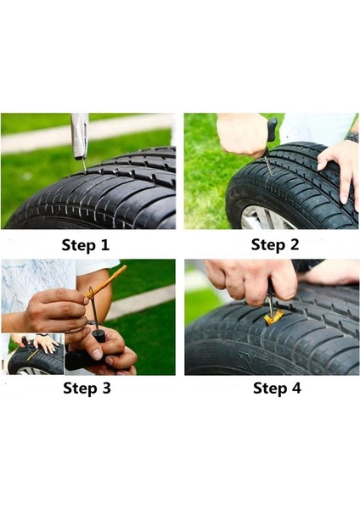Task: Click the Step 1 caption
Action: (86, 245)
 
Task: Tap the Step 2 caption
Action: (275, 245)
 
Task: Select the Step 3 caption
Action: (87, 389)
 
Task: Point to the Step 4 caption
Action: (277, 389)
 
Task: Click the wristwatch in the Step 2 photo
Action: (353, 137)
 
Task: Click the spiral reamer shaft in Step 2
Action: (268, 165)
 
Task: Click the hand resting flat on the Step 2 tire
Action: (339, 172)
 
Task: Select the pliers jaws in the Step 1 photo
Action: (79, 136)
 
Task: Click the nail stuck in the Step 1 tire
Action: (84, 166)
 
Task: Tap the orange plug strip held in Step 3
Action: (105, 282)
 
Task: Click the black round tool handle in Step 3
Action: (98, 335)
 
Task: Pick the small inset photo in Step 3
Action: (33, 354)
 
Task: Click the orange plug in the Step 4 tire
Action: (273, 317)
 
